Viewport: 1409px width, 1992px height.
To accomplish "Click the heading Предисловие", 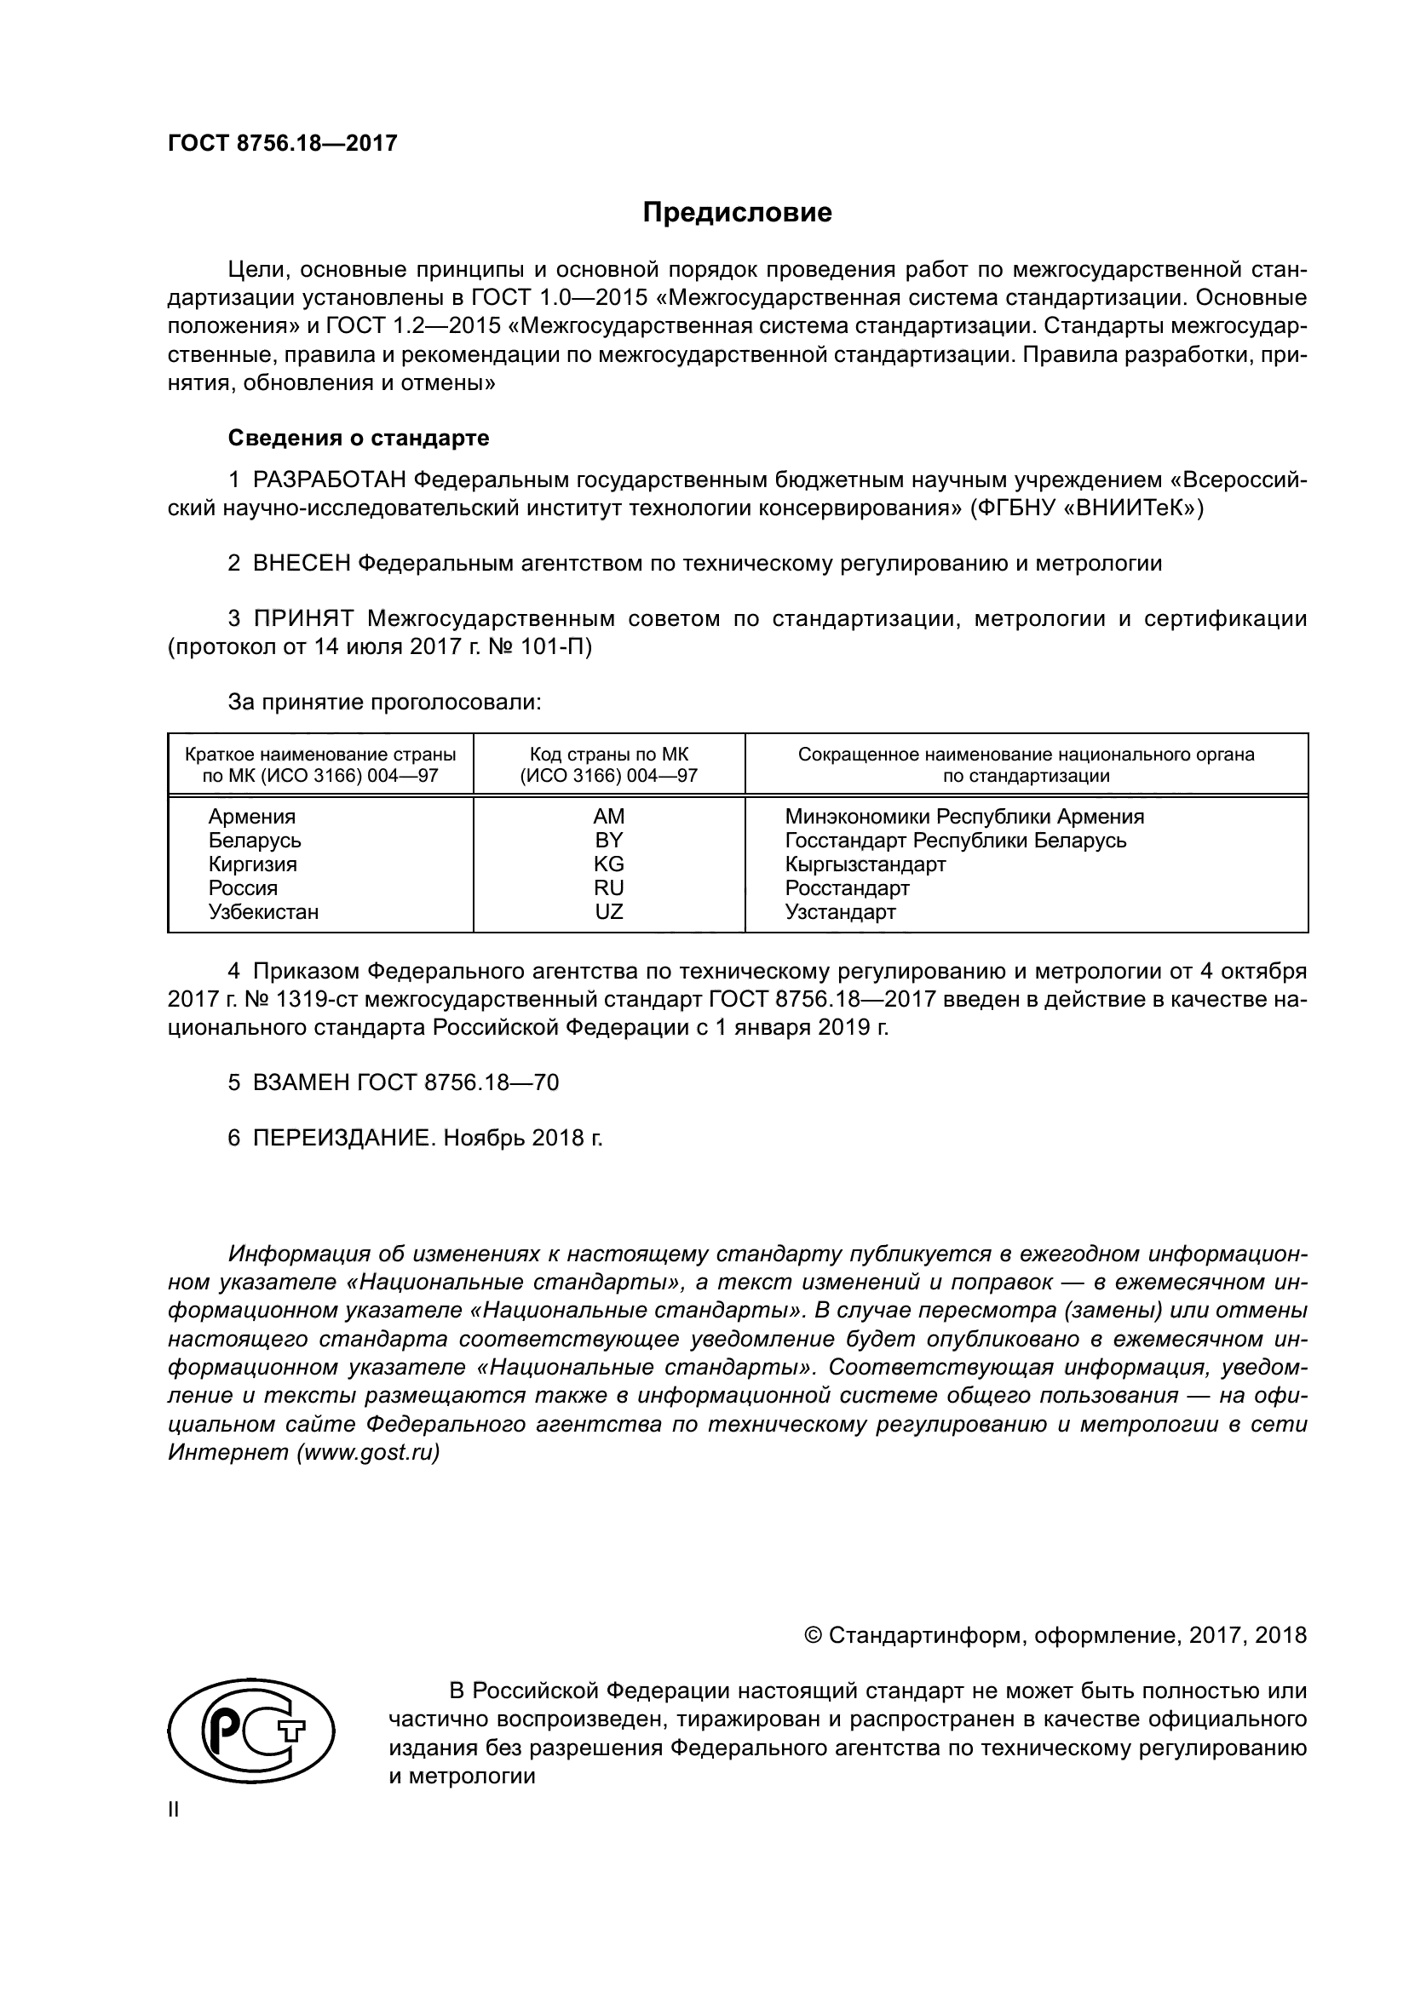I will tap(738, 213).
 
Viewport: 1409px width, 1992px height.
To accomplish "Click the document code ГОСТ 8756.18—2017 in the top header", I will tap(282, 143).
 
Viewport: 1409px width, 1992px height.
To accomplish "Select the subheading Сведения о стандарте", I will tap(359, 438).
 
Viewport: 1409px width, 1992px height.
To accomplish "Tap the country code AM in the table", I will tap(609, 817).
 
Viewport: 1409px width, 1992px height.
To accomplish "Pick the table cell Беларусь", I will tap(254, 840).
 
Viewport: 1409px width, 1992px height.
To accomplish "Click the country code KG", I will tap(609, 864).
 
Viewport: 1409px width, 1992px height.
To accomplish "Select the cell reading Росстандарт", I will tap(847, 887).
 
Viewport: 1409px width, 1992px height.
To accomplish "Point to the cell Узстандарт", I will tap(840, 912).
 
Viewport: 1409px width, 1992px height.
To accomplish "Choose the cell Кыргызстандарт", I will tap(865, 864).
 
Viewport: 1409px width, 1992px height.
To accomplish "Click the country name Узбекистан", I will tap(263, 912).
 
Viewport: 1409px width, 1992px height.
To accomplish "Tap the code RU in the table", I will tap(609, 887).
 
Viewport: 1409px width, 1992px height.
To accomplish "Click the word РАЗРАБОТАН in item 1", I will tap(330, 479).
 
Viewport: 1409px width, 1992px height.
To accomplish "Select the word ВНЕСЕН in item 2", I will tap(302, 563).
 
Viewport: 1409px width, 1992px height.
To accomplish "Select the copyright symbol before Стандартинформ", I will tap(813, 1635).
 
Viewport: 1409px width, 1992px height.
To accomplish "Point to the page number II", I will tap(174, 1810).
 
